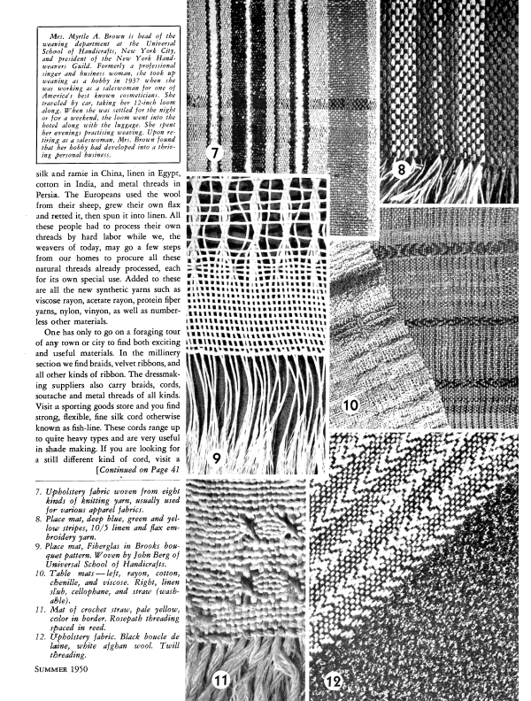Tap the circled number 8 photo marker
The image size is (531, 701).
401,168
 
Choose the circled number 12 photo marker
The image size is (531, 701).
333,682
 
